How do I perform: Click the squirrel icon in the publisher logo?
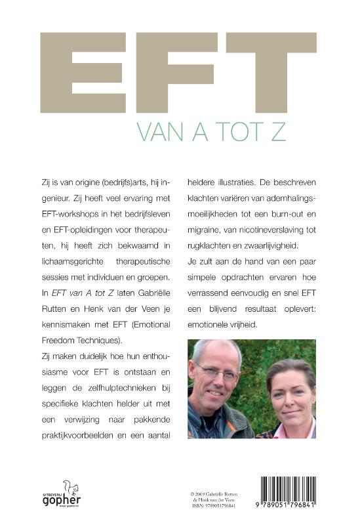[x=67, y=486]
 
